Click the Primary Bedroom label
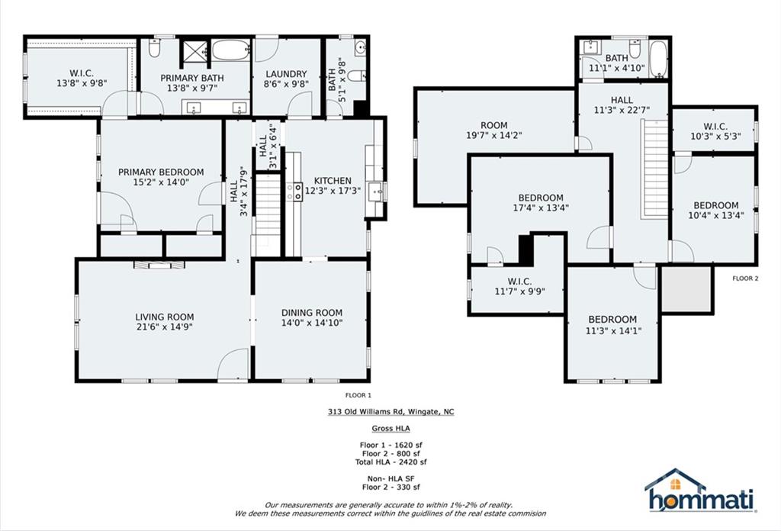click(161, 172)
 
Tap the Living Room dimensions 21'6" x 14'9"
click(164, 327)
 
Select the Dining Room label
click(312, 313)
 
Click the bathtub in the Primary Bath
click(230, 50)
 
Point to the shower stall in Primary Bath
click(194, 50)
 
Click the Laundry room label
click(286, 74)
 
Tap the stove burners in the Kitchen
click(294, 191)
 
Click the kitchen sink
click(374, 192)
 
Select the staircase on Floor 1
click(268, 209)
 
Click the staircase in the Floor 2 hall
click(654, 169)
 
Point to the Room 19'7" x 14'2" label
click(494, 130)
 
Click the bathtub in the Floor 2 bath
click(658, 60)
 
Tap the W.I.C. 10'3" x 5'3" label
click(715, 131)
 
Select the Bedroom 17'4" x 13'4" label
click(541, 203)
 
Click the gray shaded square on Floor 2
click(686, 289)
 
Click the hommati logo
click(700, 491)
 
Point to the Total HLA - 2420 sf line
click(391, 462)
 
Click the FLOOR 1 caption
click(358, 395)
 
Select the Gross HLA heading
click(391, 429)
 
